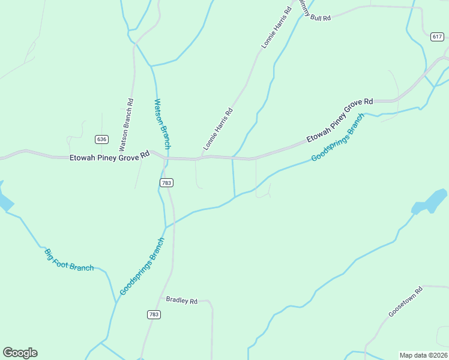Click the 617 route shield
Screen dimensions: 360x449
click(437, 37)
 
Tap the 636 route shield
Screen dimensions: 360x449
click(101, 139)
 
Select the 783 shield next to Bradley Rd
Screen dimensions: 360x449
click(154, 314)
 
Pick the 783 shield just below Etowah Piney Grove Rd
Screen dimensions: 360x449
click(167, 182)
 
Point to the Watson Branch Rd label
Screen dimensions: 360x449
click(126, 125)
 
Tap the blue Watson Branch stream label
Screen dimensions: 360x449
click(163, 124)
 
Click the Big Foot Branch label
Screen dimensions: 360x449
click(69, 259)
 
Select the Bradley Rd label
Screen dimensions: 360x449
click(182, 300)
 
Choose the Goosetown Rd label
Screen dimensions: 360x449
click(406, 302)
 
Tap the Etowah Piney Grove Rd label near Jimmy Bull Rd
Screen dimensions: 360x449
click(340, 121)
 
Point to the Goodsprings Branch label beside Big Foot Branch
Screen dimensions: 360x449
click(142, 266)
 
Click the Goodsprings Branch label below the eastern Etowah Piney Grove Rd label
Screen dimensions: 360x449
click(338, 137)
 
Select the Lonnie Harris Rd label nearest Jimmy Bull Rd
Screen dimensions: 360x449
click(273, 29)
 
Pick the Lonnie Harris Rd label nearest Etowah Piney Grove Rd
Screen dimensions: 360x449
click(218, 129)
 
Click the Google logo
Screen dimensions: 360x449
click(20, 353)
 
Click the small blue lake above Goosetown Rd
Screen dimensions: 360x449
click(430, 202)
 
